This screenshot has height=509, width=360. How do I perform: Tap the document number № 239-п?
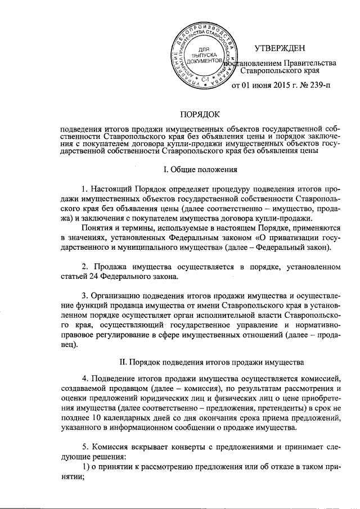click(312, 85)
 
